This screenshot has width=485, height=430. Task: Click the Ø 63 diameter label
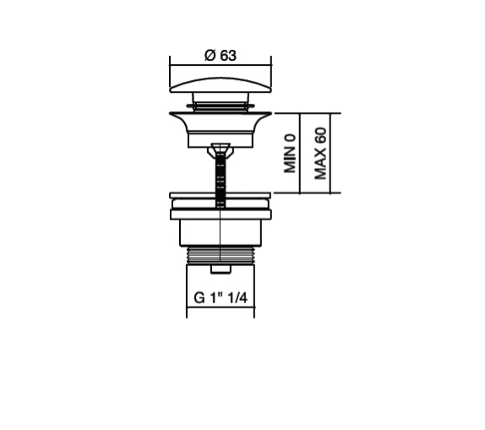[x=221, y=56]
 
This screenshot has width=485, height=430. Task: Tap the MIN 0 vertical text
[x=290, y=154]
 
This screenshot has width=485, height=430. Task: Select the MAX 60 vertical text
[x=320, y=154]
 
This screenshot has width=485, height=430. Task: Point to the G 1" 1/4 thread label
[x=221, y=298]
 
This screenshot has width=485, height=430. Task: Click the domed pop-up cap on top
[x=221, y=84]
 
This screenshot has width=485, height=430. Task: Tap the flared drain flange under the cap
[x=221, y=122]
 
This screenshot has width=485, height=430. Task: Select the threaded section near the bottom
[x=221, y=255]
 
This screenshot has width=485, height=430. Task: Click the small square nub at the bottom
[x=221, y=269]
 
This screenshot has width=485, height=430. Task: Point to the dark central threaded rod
[x=221, y=179]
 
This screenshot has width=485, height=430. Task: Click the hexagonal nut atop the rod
[x=221, y=150]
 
